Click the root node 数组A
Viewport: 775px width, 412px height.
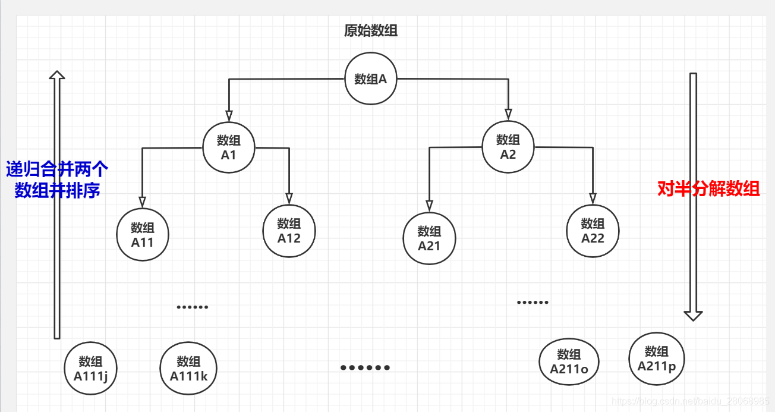click(371, 78)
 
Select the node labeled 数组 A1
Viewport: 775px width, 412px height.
click(228, 147)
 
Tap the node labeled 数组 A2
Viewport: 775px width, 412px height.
click(508, 147)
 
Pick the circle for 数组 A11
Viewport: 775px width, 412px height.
click(143, 234)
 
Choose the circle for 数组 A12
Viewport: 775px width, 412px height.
click(289, 231)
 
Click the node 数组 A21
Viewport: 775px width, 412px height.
click(429, 238)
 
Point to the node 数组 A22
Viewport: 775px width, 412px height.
click(593, 231)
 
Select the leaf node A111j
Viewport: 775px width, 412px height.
click(91, 368)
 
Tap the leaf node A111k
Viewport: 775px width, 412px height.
click(188, 369)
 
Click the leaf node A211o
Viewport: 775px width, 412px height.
click(569, 361)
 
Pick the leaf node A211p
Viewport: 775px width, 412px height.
click(657, 358)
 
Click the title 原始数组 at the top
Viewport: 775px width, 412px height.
click(371, 31)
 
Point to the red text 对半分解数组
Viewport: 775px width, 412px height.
click(708, 189)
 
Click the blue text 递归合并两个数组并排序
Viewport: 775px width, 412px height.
click(57, 180)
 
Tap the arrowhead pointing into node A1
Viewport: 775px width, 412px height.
click(229, 115)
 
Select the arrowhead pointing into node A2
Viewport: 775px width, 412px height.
click(508, 114)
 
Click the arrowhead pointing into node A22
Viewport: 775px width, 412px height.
click(593, 199)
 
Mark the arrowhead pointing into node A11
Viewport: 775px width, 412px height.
click(143, 200)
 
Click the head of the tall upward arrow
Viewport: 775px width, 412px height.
click(57, 75)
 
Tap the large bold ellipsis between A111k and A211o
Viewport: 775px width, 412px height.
click(365, 367)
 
